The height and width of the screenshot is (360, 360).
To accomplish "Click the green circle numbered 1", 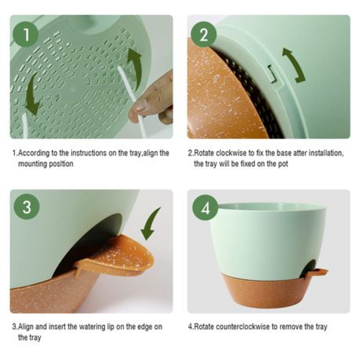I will [x=25, y=34].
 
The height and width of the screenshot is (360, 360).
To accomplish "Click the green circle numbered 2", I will [x=204, y=34].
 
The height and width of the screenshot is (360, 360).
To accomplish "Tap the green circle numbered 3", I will [x=25, y=207].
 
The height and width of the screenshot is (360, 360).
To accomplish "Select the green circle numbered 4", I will [x=205, y=208].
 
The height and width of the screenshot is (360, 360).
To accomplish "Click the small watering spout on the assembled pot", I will [x=317, y=272].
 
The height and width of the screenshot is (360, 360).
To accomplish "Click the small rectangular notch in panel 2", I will [x=272, y=74].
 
